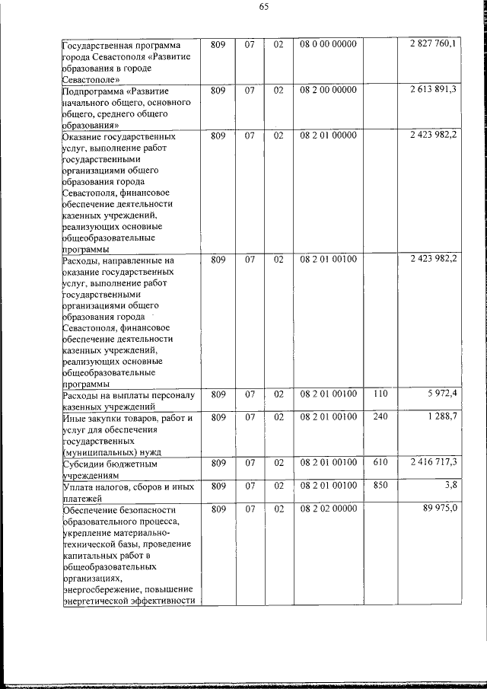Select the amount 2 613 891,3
(432, 90)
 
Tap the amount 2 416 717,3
(432, 462)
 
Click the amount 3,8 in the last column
(449, 485)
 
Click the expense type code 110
(381, 394)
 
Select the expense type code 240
(381, 416)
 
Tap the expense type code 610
(381, 462)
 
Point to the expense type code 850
(381, 485)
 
